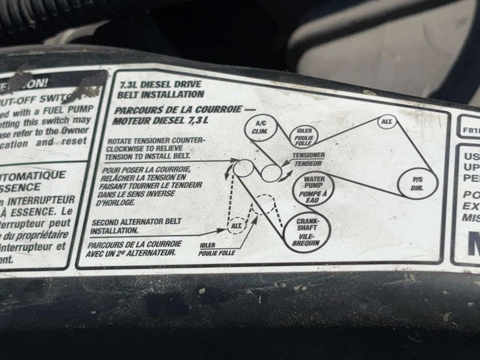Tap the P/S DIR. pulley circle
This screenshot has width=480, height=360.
click(x=418, y=183)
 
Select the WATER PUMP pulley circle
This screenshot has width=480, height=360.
click(x=313, y=186)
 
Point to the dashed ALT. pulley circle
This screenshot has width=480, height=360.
click(x=238, y=225)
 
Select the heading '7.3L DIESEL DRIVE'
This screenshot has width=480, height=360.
click(x=160, y=84)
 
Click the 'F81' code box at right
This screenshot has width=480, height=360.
click(x=470, y=129)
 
